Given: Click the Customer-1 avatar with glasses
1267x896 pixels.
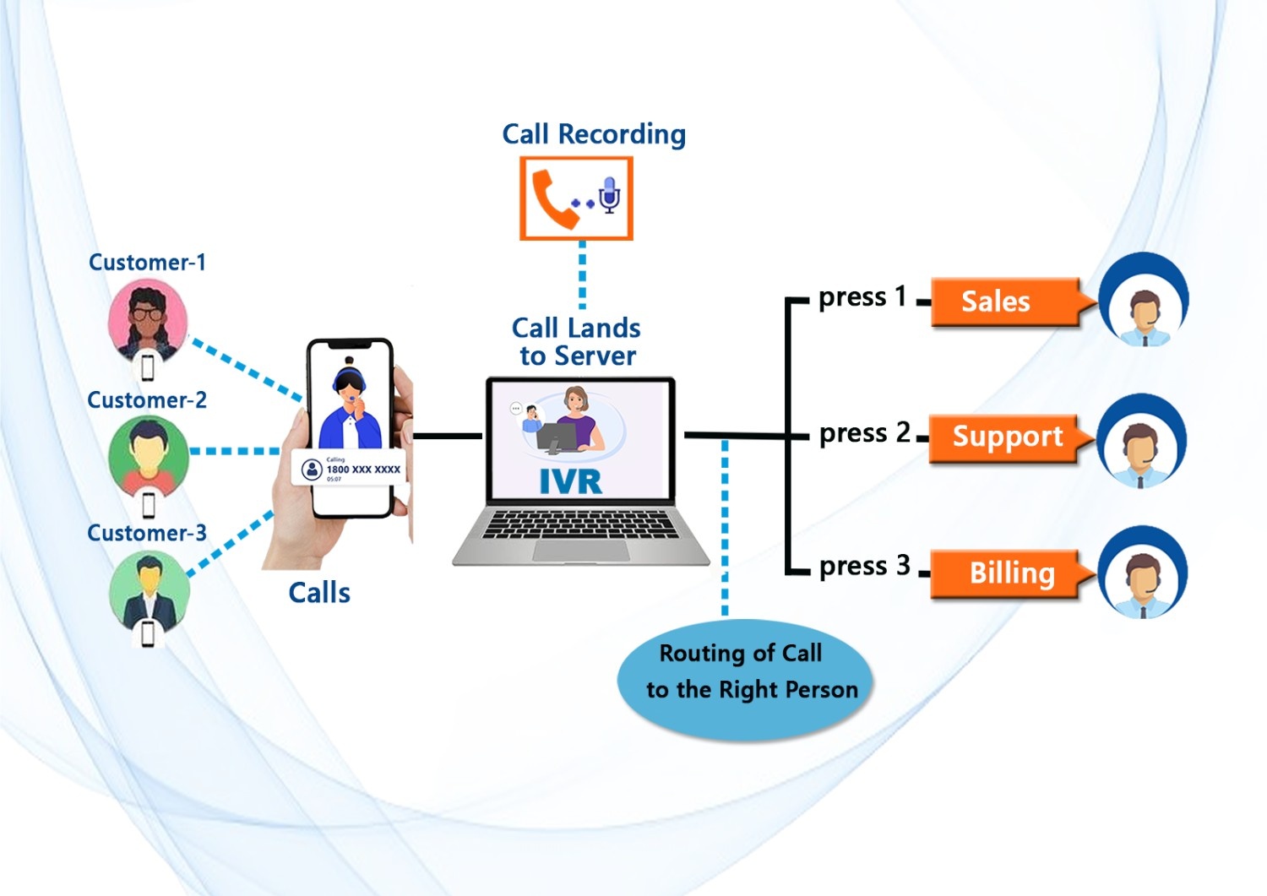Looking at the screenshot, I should click(148, 319).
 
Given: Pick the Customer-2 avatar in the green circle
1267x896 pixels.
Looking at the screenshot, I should click(149, 456).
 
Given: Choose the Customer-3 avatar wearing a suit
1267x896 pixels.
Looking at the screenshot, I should click(150, 589).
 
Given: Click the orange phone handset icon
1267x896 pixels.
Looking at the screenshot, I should click(553, 199).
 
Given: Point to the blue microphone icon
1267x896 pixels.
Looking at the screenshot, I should click(609, 194).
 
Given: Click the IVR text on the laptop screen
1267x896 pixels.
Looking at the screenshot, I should click(570, 481).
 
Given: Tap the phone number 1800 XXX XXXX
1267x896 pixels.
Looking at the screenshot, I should click(363, 470).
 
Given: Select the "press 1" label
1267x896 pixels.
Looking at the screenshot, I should click(862, 297).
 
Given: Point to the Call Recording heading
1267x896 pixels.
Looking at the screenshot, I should click(594, 134).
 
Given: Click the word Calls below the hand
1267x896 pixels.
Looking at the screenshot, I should click(319, 593).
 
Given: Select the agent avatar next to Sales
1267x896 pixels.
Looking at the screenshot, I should click(1144, 302).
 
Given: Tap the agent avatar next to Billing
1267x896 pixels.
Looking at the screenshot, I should click(1142, 574).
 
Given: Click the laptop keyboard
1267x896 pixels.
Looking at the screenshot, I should click(580, 525).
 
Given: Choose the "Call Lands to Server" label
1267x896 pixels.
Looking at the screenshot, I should click(577, 342).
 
